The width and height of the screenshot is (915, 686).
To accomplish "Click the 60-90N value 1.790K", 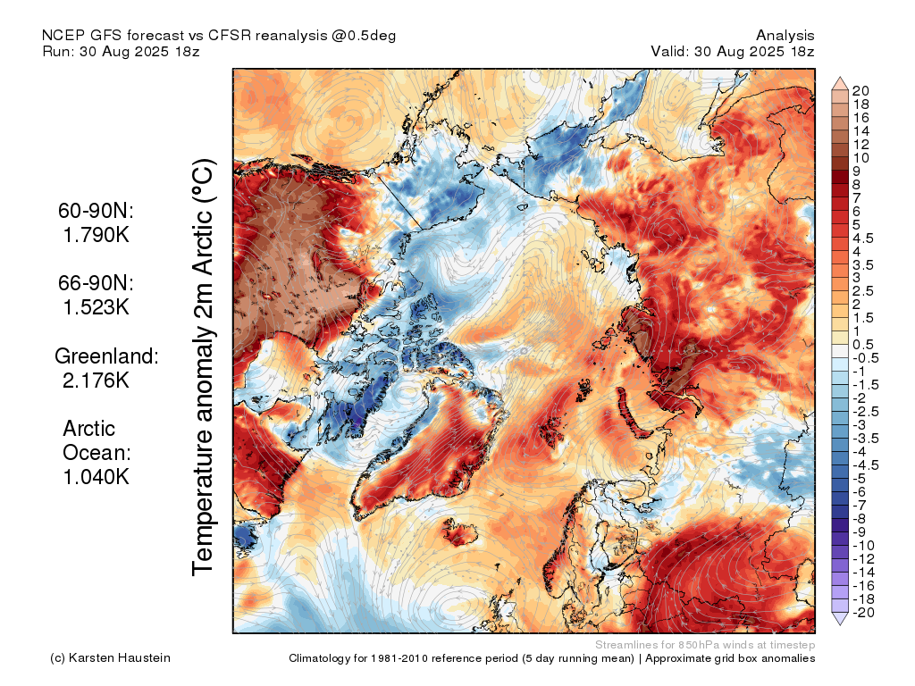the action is tap(97, 235).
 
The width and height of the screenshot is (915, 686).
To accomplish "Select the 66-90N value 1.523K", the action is tap(97, 307).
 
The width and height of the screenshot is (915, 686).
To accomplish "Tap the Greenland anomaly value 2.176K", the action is tap(96, 381).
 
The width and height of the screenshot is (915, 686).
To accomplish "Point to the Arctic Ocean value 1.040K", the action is tap(97, 477).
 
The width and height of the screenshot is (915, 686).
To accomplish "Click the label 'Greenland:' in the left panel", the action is tap(107, 356).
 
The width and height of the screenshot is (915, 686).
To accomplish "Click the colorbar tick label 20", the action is tap(860, 90).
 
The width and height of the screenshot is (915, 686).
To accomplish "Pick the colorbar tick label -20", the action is tap(863, 613).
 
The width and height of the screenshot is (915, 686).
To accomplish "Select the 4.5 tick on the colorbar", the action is tap(863, 238).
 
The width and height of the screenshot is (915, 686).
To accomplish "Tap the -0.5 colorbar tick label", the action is tap(865, 358).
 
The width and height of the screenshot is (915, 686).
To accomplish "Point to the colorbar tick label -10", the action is tap(863, 546).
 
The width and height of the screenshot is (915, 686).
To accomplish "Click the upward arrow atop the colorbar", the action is tap(840, 83).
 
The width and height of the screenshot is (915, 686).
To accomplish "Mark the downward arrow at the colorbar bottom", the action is tap(840, 619).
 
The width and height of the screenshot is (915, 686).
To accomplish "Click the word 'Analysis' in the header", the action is tap(785, 36).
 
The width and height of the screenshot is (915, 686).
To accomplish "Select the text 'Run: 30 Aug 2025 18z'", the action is tap(121, 51).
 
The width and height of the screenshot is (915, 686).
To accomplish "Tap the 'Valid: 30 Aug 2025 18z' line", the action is tap(733, 51).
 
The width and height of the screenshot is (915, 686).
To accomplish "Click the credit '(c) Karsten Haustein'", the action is tap(110, 658).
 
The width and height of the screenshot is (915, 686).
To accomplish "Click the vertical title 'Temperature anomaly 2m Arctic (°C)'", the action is tap(203, 367).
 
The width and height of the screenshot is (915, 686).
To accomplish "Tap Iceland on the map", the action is tap(459, 532).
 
